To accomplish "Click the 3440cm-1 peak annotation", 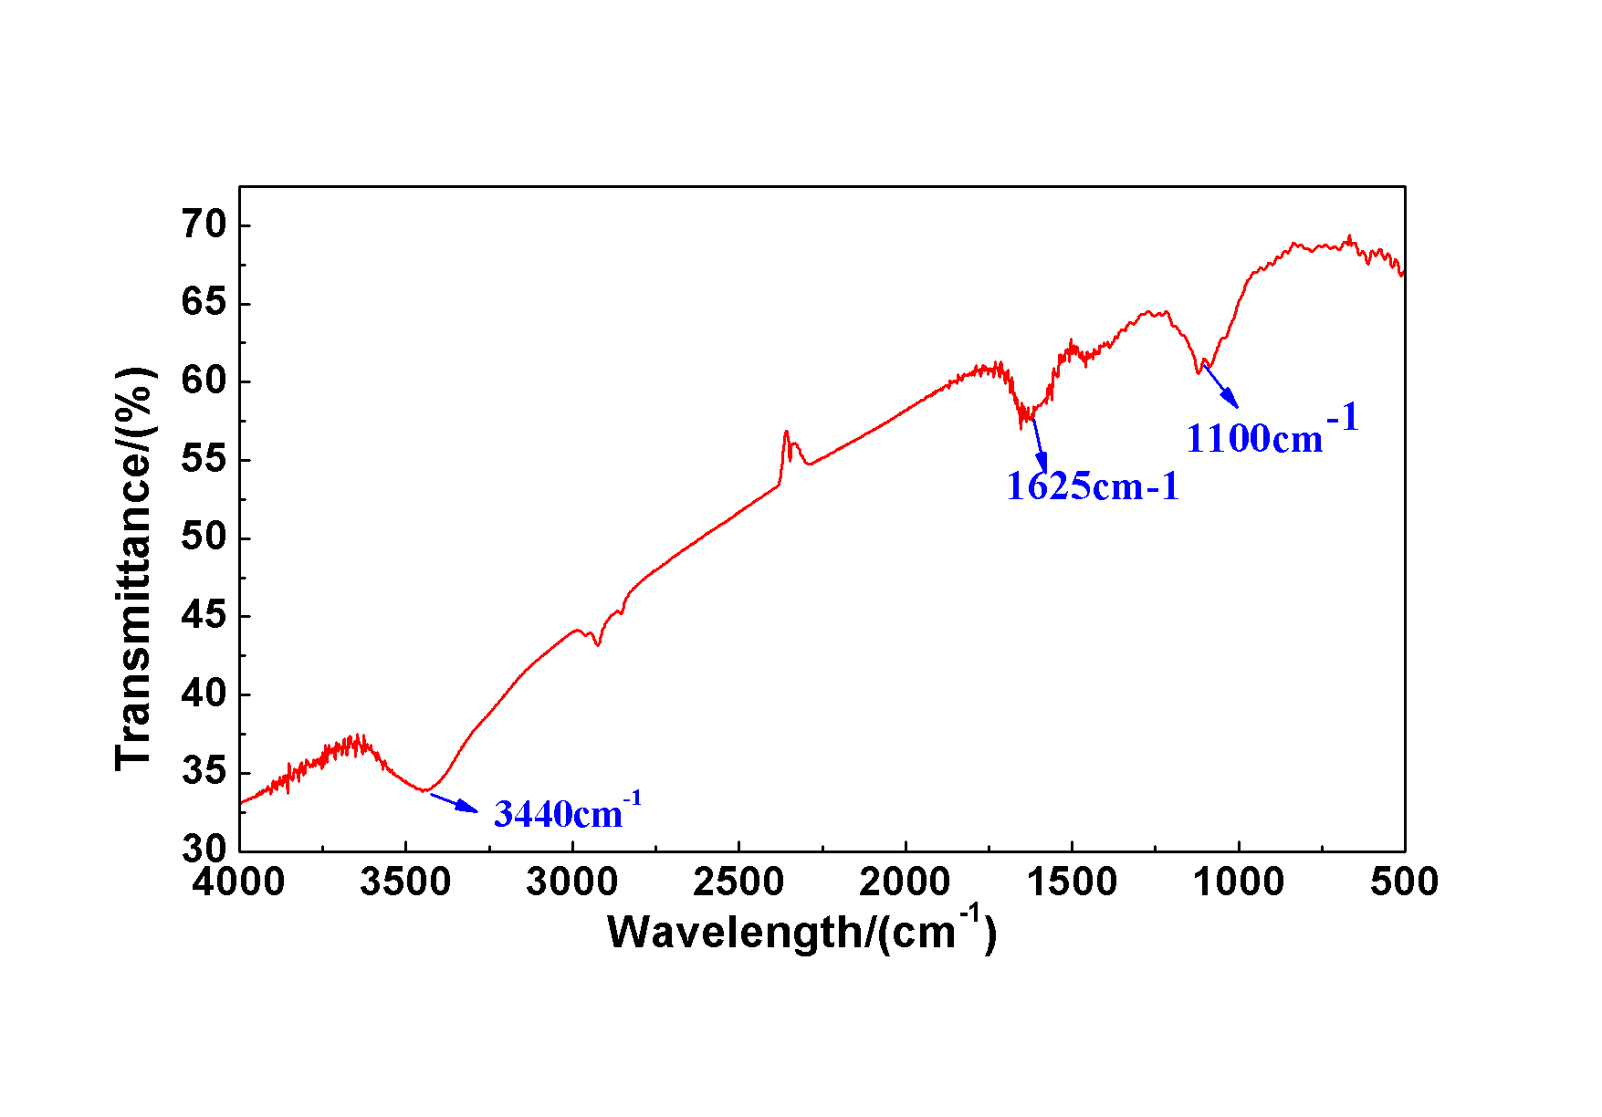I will [567, 812].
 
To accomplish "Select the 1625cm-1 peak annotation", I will [1092, 486].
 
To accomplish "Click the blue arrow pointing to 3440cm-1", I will [454, 802].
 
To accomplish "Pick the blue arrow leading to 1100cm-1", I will [1220, 386].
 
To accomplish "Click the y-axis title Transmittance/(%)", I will [135, 568].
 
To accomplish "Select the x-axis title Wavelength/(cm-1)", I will [801, 931].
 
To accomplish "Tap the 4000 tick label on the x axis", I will [239, 882].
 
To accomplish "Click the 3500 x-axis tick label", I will [405, 882].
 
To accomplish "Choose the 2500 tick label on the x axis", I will [738, 882].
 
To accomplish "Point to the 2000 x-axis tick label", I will [905, 882].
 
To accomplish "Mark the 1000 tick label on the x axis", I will [1239, 882].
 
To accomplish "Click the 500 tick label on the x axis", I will [1404, 882].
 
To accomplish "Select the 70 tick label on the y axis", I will [203, 224].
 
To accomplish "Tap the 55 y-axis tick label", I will [203, 459].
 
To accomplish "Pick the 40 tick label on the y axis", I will [203, 694].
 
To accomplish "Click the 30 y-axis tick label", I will [203, 850].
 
